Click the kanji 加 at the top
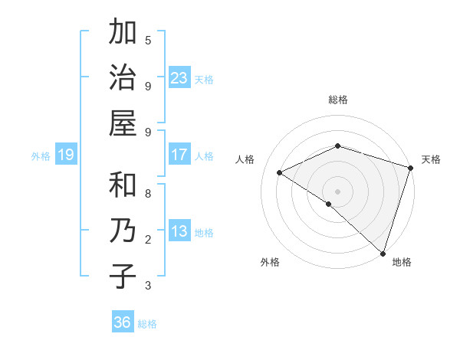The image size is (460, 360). pos(123,34)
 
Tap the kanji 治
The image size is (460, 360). pos(123,78)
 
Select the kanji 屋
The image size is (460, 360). pos(123,123)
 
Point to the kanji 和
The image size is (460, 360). pos(123,186)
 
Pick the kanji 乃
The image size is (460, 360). pos(123,231)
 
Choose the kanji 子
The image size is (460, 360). pos(123,276)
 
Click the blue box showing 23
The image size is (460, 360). pos(179,78)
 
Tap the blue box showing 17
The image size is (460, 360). pos(179,155)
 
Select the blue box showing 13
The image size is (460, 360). pos(179,232)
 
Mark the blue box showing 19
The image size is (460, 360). pos(66,155)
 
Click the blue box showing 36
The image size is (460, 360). pos(123,323)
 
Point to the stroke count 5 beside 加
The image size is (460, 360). pos(148,40)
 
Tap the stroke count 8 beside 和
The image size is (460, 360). pos(148,195)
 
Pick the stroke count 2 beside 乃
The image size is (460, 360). pos(148,240)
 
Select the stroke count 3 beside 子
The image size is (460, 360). pos(148,286)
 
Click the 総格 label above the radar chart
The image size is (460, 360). pos(338,100)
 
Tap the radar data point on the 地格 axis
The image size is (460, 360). pos(382,253)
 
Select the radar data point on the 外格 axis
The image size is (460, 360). pos(329,204)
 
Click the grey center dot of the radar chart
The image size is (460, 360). pos(338,191)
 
